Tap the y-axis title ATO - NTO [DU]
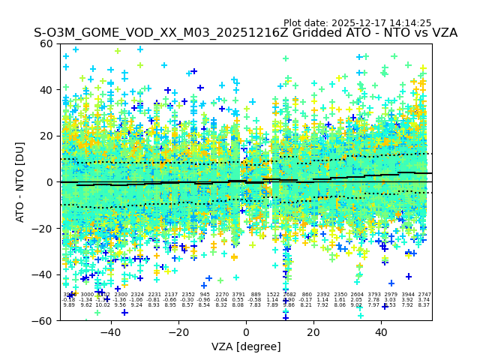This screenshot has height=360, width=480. (21, 181)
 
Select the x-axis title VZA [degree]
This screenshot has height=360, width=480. (246, 346)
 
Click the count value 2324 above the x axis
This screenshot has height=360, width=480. (137, 295)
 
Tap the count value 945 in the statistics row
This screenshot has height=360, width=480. (205, 295)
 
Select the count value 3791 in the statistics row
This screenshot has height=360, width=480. (238, 295)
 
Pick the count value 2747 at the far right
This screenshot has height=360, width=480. (424, 295)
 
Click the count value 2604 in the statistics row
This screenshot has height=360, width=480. (357, 295)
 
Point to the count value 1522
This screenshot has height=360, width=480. (272, 295)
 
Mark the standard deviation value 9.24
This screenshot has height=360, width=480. (137, 305)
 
